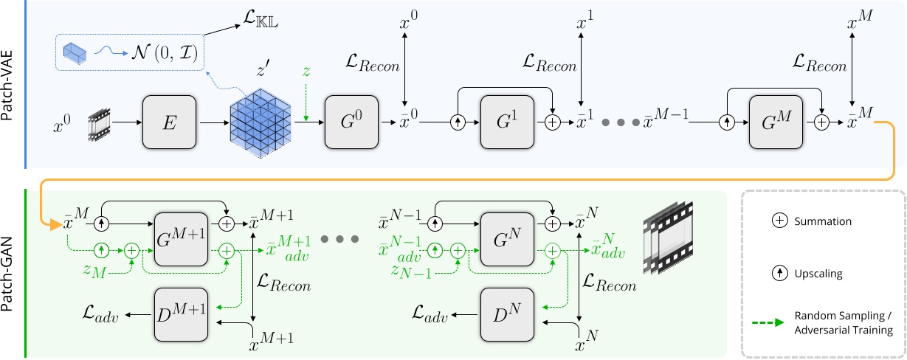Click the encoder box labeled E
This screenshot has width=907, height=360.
(x=170, y=120)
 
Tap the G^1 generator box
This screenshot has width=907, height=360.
(x=506, y=120)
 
